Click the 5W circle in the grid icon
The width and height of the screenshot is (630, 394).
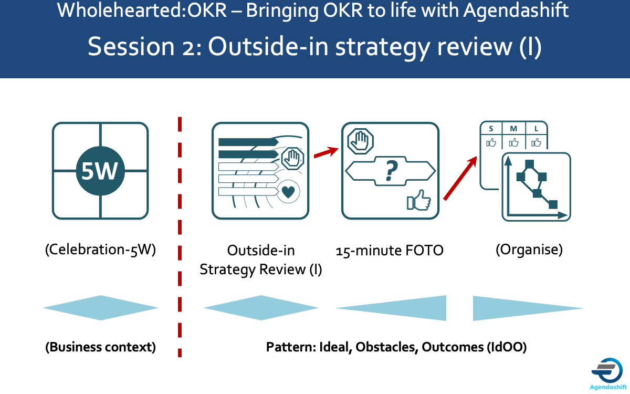point(100,171)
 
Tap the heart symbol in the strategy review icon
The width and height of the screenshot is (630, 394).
point(287,192)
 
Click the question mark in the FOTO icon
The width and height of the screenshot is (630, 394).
point(390,169)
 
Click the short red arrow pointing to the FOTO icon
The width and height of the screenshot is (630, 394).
point(325,152)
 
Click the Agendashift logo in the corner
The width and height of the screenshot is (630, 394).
point(608,371)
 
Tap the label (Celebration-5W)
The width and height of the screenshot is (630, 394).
point(100,250)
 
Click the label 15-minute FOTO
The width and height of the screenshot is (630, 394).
point(390,251)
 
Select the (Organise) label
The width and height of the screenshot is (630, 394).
point(529,250)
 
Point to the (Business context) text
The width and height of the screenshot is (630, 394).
point(100,347)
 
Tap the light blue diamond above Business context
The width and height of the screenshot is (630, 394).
point(100,308)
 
